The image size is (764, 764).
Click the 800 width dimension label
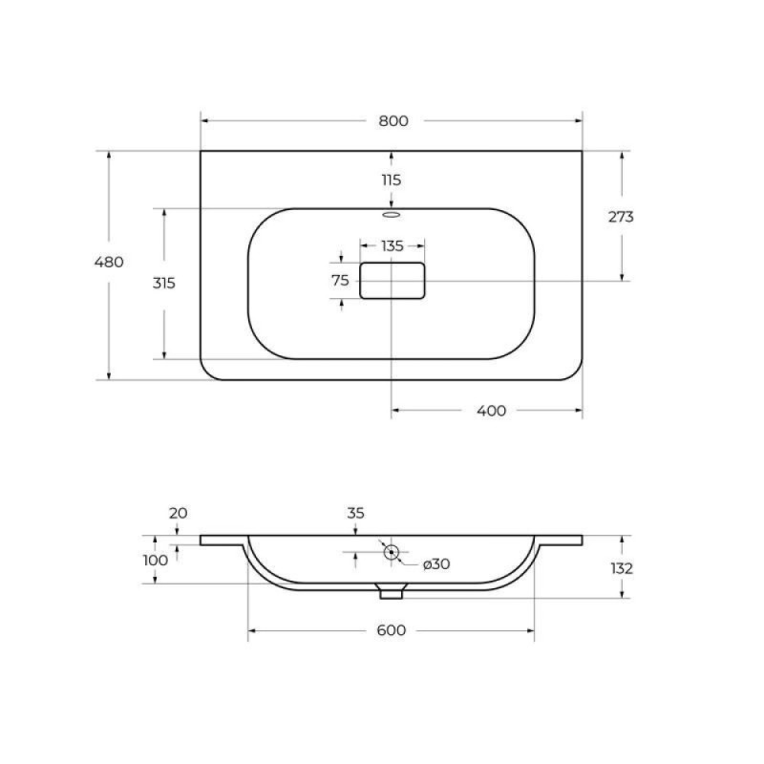coord(393,121)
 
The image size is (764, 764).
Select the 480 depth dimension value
coord(109,262)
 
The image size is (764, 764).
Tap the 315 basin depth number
coord(163,283)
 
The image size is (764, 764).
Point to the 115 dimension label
coord(392,180)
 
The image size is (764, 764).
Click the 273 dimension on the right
coord(621,217)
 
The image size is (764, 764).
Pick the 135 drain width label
coord(393,246)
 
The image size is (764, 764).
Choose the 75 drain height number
coord(341,281)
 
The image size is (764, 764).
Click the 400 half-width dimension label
coord(491,411)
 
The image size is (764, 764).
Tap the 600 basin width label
coord(392,630)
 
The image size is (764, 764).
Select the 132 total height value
coord(622,568)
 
